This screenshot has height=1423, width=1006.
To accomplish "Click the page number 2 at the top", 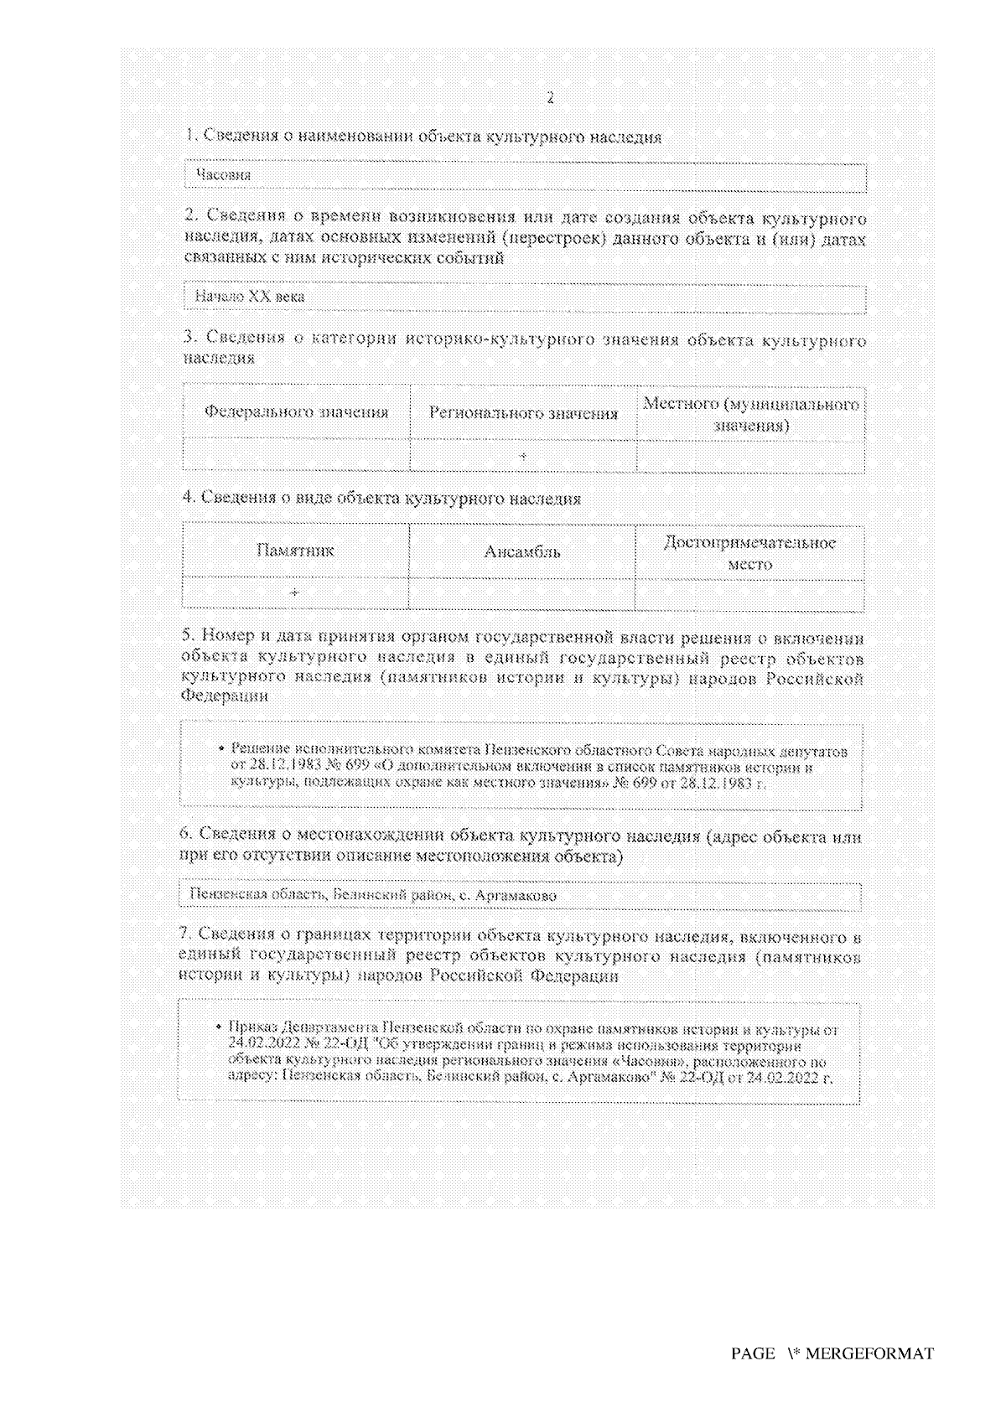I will tap(550, 98).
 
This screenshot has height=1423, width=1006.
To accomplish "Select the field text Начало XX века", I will tap(250, 297).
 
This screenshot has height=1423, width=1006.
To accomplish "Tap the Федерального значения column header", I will tap(297, 412).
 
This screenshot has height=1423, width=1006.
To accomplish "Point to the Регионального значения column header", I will tap(523, 413).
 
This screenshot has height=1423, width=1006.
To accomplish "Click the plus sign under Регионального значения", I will tap(522, 455).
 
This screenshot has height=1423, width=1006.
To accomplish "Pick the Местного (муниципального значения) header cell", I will tap(750, 414).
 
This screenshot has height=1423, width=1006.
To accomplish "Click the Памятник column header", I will tap(295, 551).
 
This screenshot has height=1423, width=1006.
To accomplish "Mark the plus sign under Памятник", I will tap(294, 592).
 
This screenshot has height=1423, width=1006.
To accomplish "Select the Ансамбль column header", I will tap(522, 551).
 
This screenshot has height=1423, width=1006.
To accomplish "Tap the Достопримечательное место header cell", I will tap(749, 553).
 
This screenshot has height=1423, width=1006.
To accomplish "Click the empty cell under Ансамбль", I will tap(522, 592).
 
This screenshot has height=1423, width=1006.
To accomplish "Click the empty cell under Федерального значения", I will tap(297, 455).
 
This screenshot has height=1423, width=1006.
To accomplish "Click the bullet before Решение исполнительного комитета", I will tap(220, 750).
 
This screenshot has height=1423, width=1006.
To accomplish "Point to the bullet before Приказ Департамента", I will tap(218, 1027).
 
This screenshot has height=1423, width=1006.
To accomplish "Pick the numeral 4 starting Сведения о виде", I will tap(188, 498).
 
